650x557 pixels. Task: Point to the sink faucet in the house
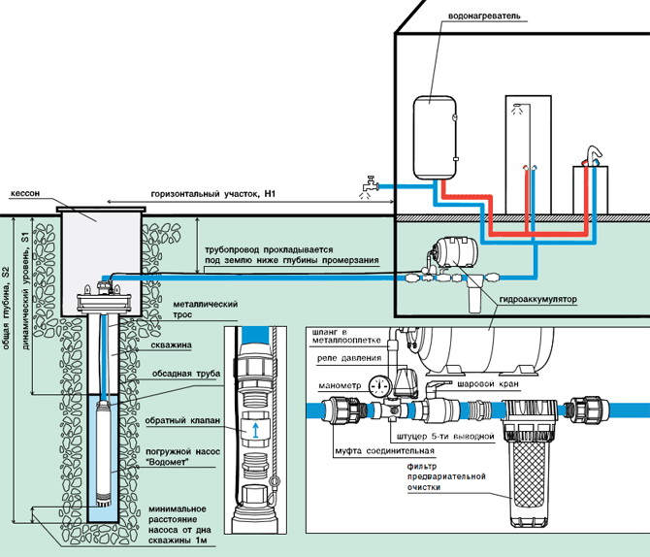click(x=588, y=156)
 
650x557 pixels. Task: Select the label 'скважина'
click(x=172, y=343)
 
